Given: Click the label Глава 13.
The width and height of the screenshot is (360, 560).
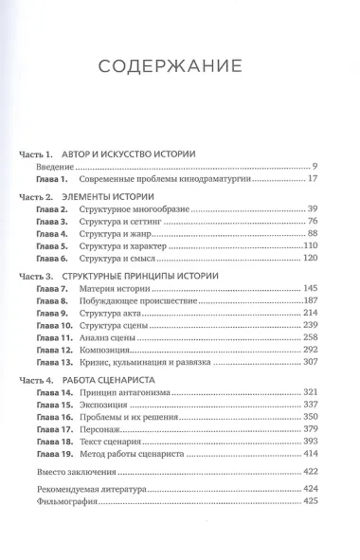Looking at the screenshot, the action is pyautogui.click(x=55, y=361).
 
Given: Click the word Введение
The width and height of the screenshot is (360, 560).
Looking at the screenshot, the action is pyautogui.click(x=56, y=166).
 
